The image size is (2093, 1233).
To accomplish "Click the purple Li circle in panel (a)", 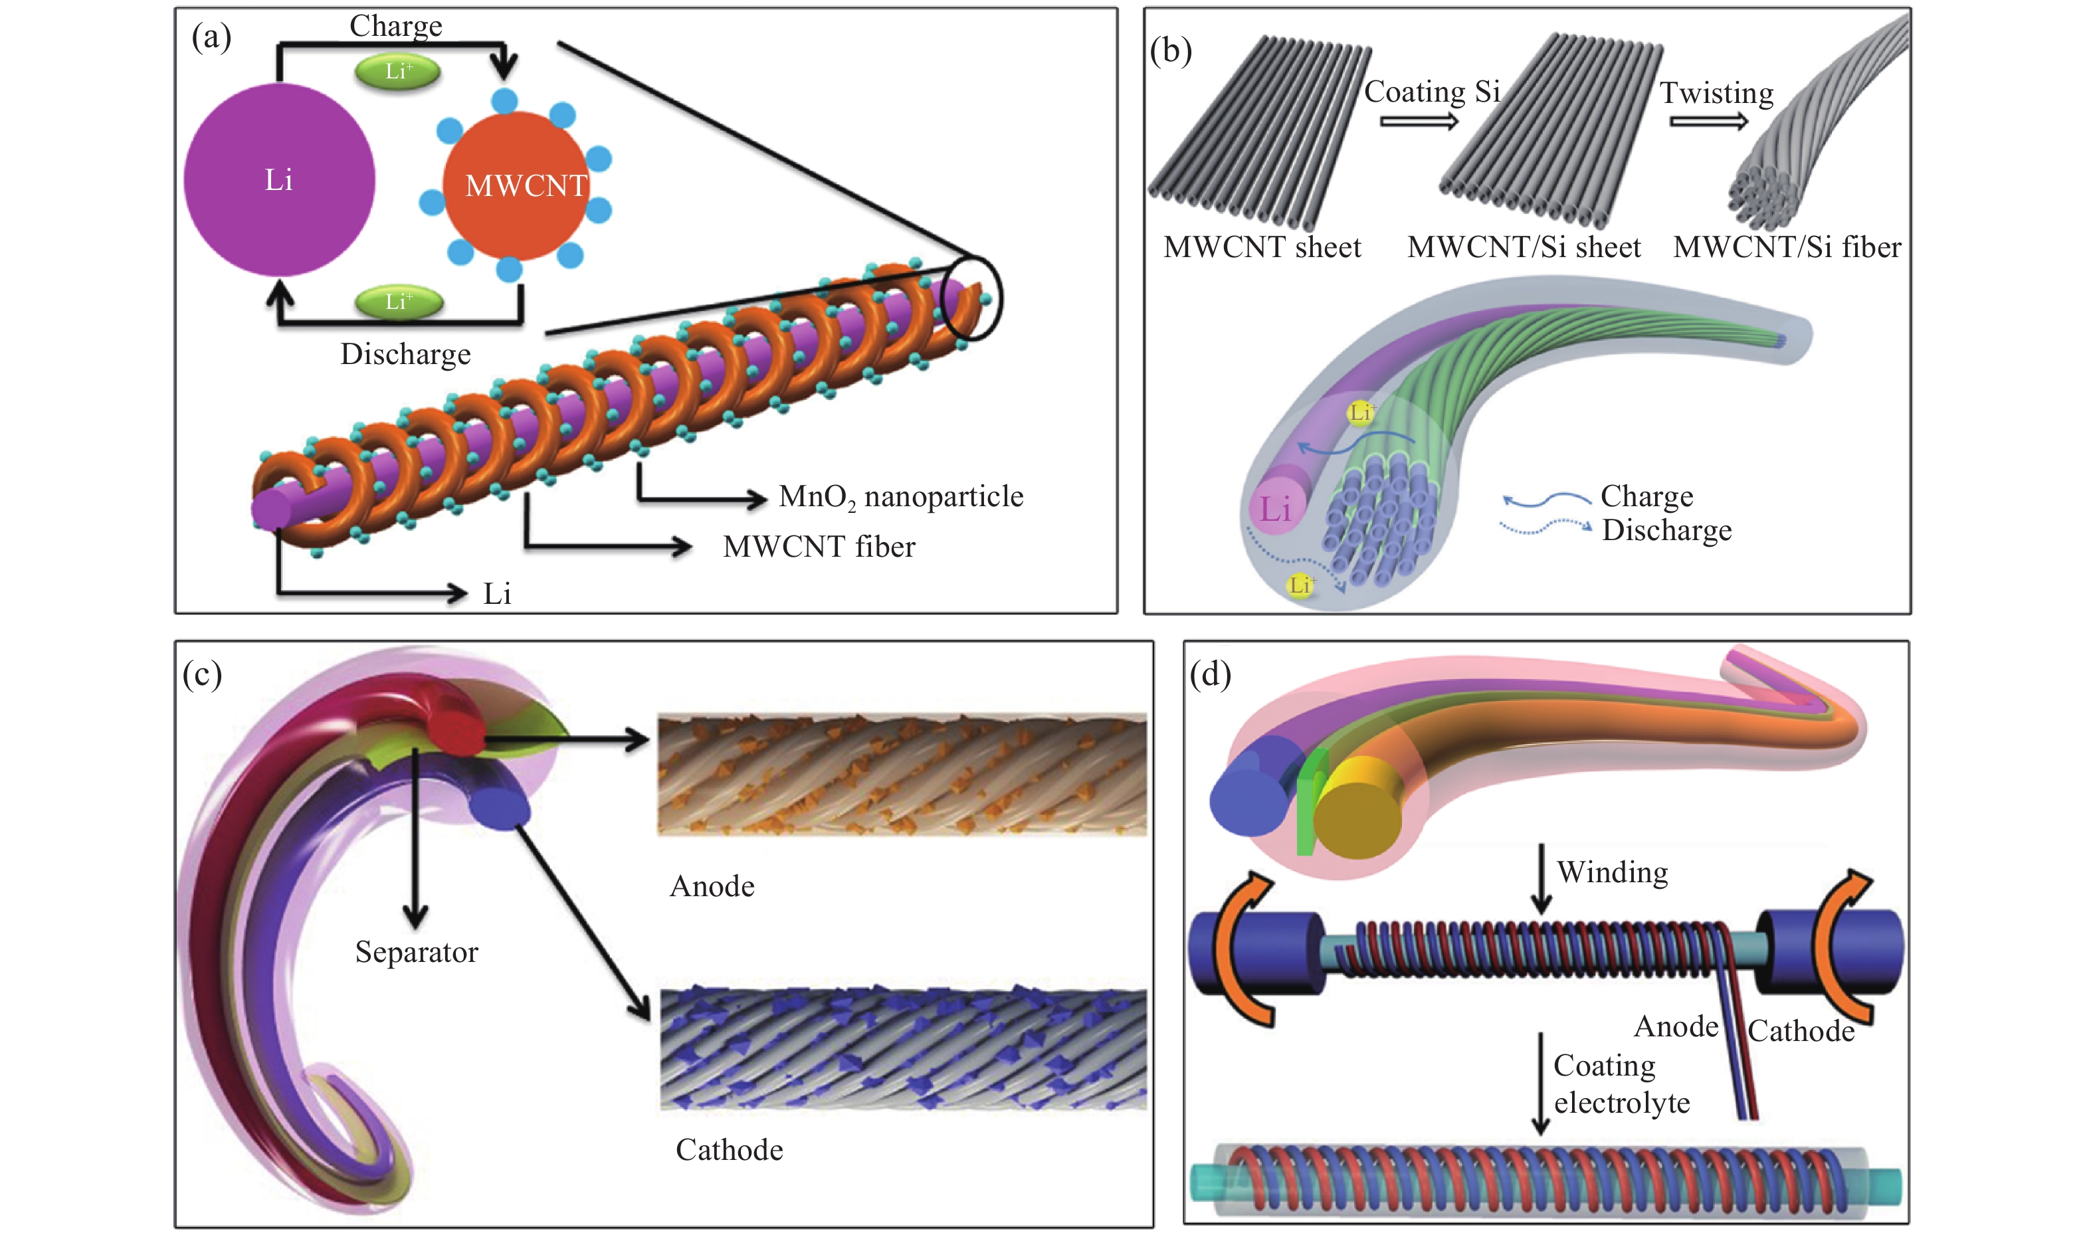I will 279,179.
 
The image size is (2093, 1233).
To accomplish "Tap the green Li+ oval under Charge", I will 397,72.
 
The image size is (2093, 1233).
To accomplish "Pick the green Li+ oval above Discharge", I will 399,302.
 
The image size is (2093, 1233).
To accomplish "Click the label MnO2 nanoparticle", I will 901,497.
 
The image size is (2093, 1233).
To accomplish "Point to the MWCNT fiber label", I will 819,547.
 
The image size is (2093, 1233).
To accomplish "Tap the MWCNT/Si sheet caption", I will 1523,248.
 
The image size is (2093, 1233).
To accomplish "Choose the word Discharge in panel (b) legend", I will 1666,530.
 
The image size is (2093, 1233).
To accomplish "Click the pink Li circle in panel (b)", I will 1276,508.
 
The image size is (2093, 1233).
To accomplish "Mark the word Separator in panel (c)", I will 416,952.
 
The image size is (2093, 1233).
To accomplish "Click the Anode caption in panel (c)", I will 712,886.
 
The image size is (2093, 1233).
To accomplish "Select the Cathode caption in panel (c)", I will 729,1150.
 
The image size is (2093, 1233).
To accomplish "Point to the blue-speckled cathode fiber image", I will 903,1048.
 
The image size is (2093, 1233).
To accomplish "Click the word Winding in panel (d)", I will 1612,872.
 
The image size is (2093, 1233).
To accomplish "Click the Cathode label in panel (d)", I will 1801,1031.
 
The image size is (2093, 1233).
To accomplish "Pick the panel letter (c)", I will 202,675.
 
